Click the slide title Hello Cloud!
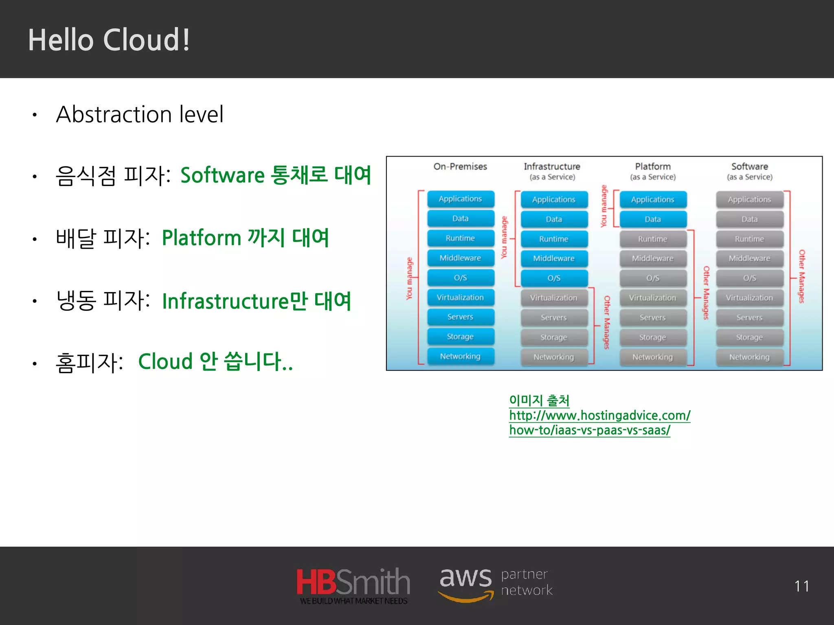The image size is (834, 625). (109, 40)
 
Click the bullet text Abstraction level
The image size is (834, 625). (140, 114)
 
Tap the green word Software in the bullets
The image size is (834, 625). (222, 176)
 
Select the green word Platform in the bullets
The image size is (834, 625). (202, 238)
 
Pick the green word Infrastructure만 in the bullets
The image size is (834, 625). (235, 302)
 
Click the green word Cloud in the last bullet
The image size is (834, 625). (165, 361)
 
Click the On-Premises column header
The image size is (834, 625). (460, 166)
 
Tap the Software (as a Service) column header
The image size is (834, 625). (749, 171)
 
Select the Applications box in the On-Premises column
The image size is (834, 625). (460, 199)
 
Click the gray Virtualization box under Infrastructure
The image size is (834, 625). (553, 298)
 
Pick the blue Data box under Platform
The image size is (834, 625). (652, 219)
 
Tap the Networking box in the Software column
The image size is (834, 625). (749, 357)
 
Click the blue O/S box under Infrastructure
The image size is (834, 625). (553, 278)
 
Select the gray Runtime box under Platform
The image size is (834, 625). (652, 239)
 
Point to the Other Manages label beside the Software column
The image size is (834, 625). (801, 277)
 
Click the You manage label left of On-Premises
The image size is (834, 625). (409, 278)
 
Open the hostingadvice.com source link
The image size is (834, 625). (599, 416)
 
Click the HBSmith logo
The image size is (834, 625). (353, 585)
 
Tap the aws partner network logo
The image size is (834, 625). (495, 584)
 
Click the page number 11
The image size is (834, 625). (801, 586)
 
